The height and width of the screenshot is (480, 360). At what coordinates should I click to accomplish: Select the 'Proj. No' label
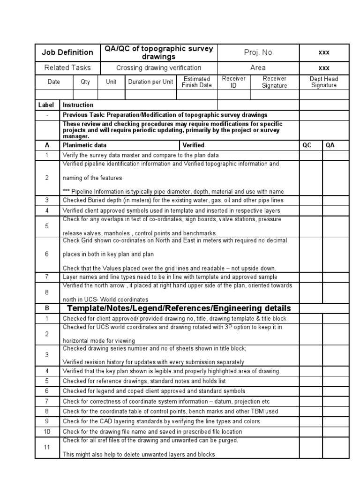(x=258, y=52)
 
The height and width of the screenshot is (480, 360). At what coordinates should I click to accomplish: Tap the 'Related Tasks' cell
(x=67, y=67)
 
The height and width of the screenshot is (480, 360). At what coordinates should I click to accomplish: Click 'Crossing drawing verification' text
(x=159, y=67)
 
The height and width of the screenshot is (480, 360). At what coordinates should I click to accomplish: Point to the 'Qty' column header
(x=85, y=82)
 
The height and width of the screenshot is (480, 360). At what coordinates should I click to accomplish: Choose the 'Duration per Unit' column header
(x=150, y=82)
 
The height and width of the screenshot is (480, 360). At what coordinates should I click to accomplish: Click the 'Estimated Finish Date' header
(x=197, y=82)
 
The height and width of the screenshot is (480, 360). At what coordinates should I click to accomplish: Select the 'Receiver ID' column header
(x=233, y=82)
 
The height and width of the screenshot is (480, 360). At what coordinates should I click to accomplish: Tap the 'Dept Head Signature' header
(x=324, y=82)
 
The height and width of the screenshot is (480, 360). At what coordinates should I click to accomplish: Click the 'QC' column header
(x=307, y=145)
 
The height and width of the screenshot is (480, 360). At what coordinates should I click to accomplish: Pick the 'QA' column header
(x=330, y=145)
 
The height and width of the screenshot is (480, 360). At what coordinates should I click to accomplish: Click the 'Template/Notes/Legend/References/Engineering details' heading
(x=179, y=308)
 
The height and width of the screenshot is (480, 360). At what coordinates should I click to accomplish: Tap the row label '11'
(x=47, y=447)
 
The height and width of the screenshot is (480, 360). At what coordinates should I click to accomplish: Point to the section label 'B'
(x=47, y=308)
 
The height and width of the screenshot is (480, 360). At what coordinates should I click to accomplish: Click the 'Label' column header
(x=46, y=105)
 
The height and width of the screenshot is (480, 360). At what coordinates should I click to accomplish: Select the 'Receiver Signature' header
(x=274, y=82)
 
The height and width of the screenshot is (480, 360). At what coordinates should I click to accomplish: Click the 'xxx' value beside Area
(x=324, y=67)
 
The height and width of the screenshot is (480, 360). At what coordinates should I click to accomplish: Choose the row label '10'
(x=47, y=431)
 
